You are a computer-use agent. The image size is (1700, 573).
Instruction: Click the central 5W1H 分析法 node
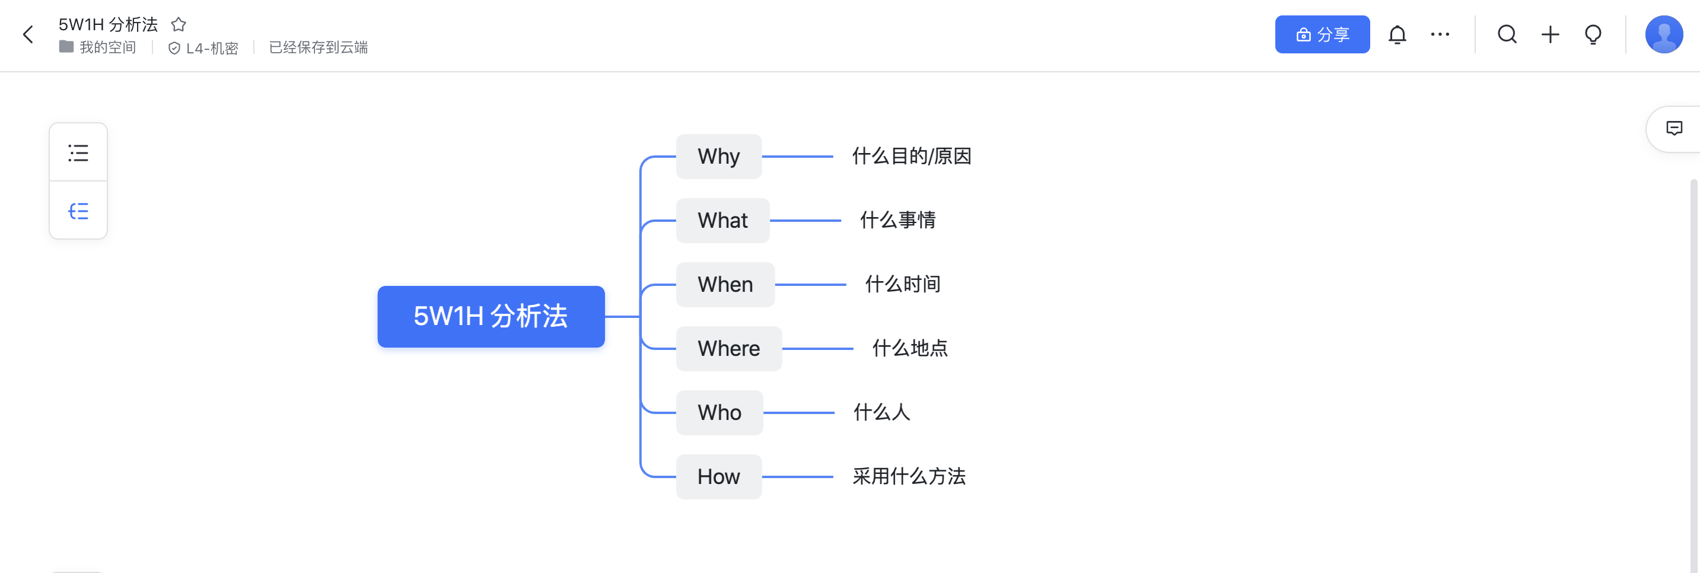click(491, 316)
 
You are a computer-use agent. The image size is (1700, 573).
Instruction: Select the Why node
click(719, 157)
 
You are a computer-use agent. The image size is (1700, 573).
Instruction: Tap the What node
click(722, 221)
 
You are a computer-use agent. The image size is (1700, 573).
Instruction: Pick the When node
click(725, 285)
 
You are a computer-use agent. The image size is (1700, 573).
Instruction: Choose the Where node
click(728, 349)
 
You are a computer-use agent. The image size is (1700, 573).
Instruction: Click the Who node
click(720, 413)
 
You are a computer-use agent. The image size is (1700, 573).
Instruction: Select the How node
click(719, 477)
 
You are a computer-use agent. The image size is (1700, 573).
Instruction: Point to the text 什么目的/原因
click(911, 157)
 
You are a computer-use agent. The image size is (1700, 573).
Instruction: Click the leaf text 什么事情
click(897, 221)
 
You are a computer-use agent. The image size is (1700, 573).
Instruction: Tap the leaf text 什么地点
click(910, 349)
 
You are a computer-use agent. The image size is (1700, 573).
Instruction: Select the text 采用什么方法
click(909, 477)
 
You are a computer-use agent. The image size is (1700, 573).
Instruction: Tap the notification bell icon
click(1397, 34)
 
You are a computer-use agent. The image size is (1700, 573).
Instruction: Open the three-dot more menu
click(1440, 34)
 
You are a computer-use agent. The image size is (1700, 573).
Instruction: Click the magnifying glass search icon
click(1507, 34)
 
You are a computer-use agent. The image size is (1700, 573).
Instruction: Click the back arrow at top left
click(28, 34)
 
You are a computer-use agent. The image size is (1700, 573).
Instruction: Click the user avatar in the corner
click(1664, 34)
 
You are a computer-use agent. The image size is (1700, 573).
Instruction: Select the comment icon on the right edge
click(1674, 128)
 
